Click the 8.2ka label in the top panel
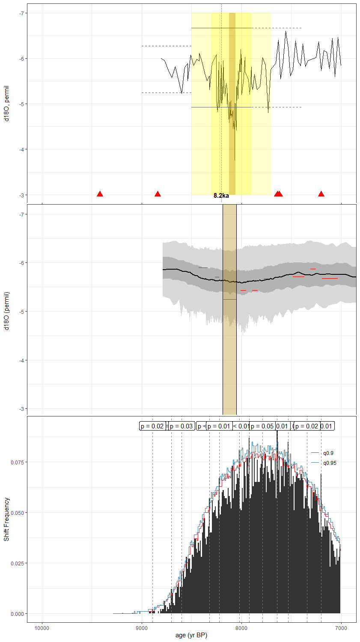point(221,196)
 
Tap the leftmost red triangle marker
point(100,194)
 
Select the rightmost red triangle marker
point(321,194)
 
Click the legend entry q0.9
point(328,453)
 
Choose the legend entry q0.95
point(330,463)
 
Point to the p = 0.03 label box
point(181,426)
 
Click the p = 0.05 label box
point(262,426)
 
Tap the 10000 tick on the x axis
point(42,628)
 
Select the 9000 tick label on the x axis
point(142,628)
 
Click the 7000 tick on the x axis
point(341,628)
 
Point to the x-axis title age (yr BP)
point(191,635)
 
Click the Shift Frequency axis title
point(6,519)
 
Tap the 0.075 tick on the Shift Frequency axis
point(18,462)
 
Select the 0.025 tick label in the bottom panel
point(18,563)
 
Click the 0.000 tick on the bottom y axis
point(18,614)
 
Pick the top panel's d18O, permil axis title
point(6,104)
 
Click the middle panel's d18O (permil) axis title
point(6,311)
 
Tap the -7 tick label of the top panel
point(21,13)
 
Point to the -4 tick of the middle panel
point(21,360)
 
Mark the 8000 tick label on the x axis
point(241,628)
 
